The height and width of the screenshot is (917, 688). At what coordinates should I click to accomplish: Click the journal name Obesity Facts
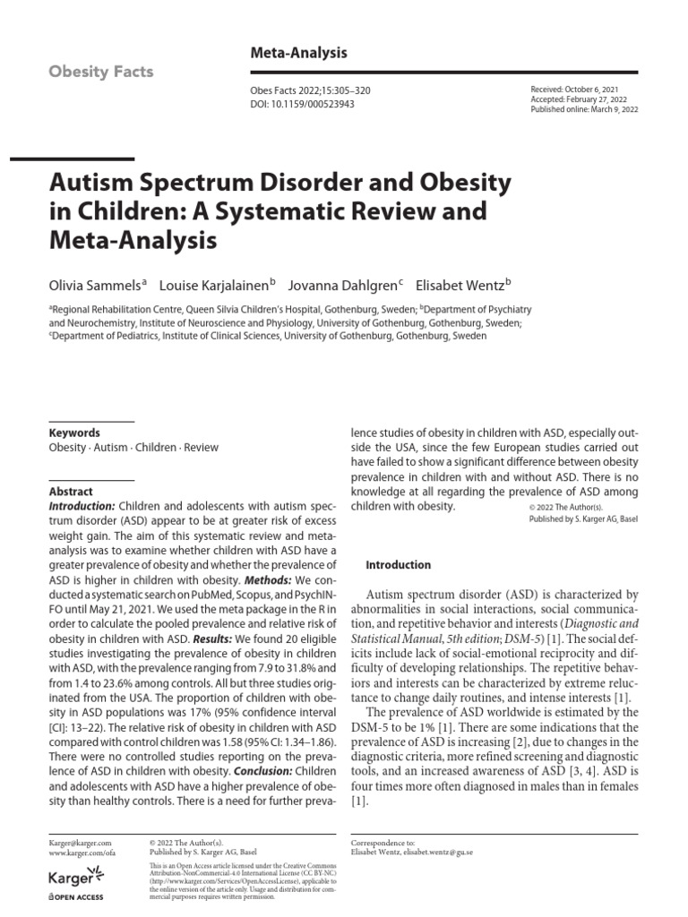point(101,71)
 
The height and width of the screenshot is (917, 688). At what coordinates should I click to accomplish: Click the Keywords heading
point(74,433)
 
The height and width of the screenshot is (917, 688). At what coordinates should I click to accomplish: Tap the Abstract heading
point(71,492)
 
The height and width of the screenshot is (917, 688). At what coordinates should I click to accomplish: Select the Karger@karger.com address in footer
point(80,843)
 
